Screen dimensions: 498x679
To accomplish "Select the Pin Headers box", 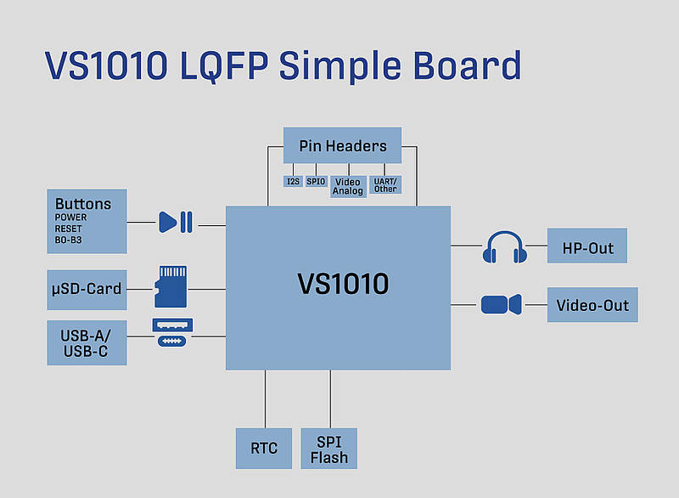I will pyautogui.click(x=342, y=146).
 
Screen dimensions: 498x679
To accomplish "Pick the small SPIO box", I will pyautogui.click(x=316, y=181).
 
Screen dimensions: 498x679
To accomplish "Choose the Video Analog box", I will pyautogui.click(x=348, y=186).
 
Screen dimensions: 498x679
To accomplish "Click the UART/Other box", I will pyautogui.click(x=385, y=184).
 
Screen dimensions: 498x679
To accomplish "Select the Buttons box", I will pyautogui.click(x=87, y=221).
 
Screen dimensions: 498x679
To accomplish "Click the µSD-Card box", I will pyautogui.click(x=87, y=289).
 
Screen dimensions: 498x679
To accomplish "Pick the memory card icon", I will pyautogui.click(x=170, y=286).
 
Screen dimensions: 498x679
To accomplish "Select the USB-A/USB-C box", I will pyautogui.click(x=87, y=343).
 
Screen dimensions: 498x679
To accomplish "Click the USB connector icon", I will pyautogui.click(x=172, y=332).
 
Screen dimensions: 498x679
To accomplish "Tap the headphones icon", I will pyautogui.click(x=504, y=246).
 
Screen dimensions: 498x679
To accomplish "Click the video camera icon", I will pyautogui.click(x=501, y=304).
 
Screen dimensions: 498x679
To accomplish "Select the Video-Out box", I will pyautogui.click(x=592, y=304).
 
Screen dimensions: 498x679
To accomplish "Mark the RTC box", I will pyautogui.click(x=263, y=448).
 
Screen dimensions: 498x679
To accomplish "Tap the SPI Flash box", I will pyautogui.click(x=328, y=449).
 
